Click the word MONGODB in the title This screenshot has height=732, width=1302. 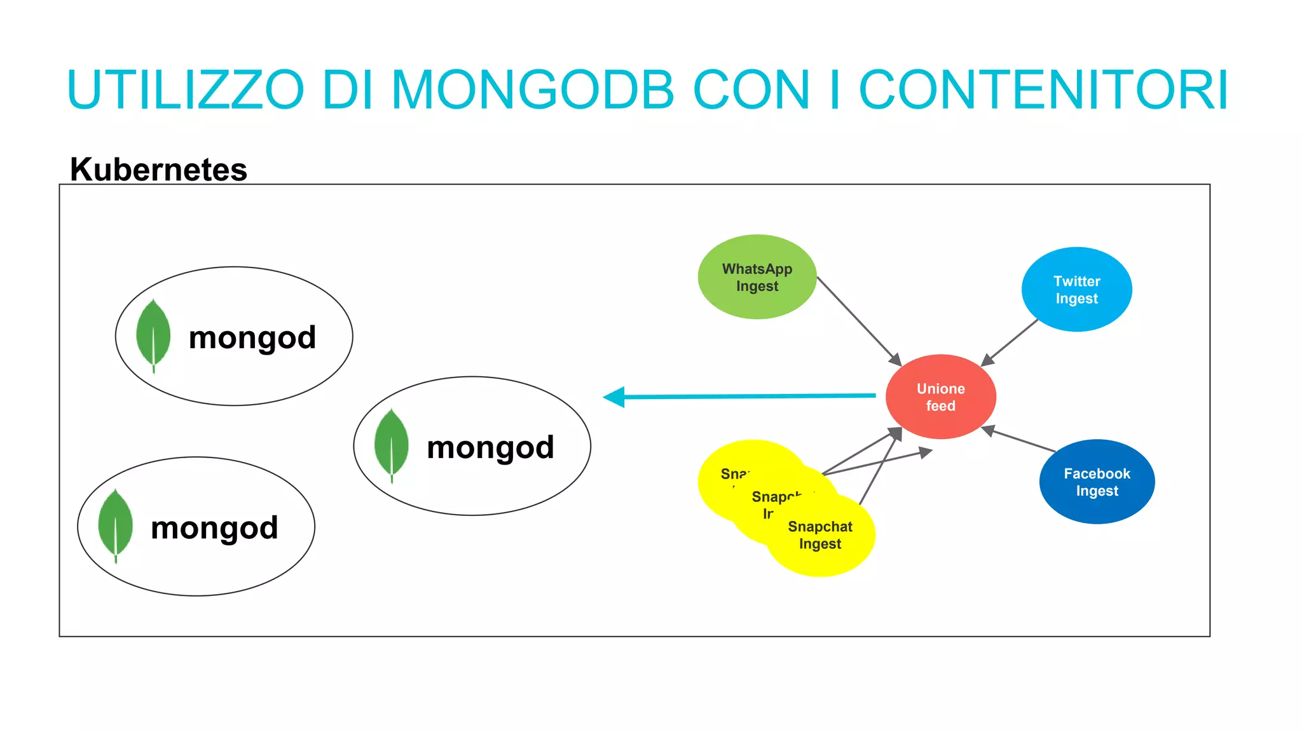point(532,90)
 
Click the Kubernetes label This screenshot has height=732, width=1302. point(158,170)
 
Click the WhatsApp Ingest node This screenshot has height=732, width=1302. point(757,277)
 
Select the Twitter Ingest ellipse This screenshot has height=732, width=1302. point(1076,290)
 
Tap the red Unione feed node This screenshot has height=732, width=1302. point(940,397)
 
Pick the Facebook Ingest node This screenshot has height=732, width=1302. point(1097,482)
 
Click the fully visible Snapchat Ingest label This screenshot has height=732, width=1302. point(819,535)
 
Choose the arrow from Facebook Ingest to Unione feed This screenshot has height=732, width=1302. point(1020,440)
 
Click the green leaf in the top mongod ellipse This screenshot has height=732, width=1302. point(153,334)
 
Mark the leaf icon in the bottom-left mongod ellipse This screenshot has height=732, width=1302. point(115,524)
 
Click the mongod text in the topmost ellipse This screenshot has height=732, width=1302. point(252,337)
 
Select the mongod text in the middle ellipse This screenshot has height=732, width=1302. point(490,447)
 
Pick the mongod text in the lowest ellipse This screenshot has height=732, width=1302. point(214,528)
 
